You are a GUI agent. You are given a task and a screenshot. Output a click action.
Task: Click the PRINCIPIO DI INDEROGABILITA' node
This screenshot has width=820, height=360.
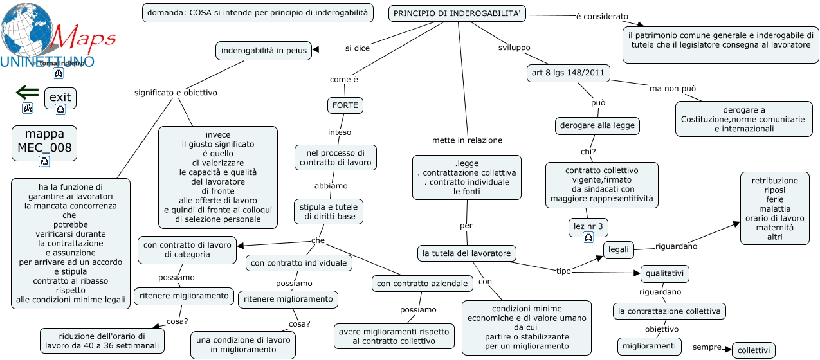[457, 14]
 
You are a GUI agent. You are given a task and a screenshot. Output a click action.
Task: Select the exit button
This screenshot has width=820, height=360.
[60, 98]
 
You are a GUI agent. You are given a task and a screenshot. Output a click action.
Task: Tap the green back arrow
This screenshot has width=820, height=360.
[28, 92]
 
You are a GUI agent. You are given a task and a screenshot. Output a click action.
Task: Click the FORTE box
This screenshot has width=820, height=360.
[345, 105]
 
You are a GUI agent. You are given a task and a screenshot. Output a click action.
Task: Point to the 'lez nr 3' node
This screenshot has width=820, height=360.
[588, 226]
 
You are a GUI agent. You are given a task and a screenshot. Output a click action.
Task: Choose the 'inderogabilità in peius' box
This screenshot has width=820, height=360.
[264, 51]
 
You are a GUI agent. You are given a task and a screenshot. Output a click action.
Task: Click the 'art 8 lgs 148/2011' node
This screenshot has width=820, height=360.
[568, 73]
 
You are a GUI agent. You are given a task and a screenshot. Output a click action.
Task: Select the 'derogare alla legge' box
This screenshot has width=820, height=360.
[597, 125]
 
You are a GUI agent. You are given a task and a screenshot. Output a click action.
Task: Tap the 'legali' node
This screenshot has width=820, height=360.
[618, 250]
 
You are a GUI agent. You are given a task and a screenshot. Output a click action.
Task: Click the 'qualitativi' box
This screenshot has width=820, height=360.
[665, 274]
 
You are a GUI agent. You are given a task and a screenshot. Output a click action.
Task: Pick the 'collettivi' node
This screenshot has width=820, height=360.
[753, 350]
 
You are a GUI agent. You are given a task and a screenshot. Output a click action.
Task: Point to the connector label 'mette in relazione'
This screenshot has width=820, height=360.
[467, 140]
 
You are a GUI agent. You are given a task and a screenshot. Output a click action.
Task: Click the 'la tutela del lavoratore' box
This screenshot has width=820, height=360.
[467, 253]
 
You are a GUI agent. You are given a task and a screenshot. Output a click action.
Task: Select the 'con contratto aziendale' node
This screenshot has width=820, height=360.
[423, 283]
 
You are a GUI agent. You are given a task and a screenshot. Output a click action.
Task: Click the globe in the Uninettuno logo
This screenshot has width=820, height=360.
[26, 30]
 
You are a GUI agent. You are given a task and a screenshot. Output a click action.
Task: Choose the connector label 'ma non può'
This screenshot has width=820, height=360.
[673, 89]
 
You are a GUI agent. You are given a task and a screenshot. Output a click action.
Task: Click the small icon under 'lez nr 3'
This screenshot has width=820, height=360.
[588, 237]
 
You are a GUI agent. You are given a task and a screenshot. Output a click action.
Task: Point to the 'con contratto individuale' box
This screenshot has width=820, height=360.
[298, 263]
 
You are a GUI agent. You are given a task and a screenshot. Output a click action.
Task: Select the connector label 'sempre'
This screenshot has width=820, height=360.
[707, 347]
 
